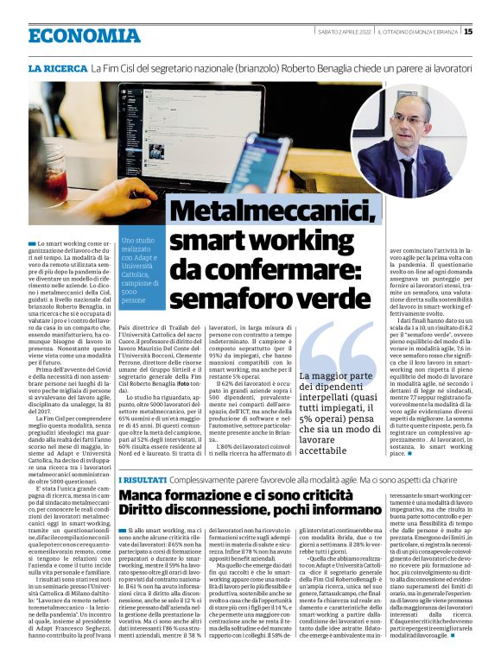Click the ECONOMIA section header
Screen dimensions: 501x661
click(83, 35)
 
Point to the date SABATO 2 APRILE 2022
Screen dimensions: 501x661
click(343, 32)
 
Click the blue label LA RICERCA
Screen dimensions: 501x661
click(57, 68)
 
